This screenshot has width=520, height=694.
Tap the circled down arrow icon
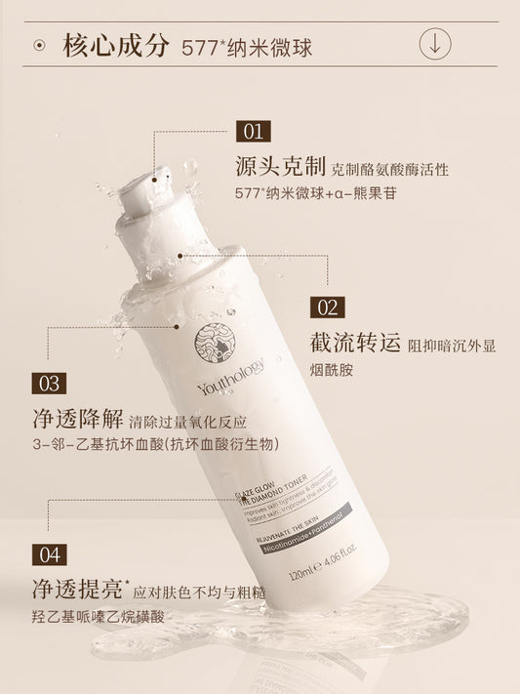pos(435,44)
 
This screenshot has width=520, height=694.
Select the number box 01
pos(254,131)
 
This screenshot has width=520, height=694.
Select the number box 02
pos(328,306)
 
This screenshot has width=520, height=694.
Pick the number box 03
pos(51,384)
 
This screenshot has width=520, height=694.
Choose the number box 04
pos(50,555)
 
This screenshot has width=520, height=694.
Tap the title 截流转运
pos(353,343)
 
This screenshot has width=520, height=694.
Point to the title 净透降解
pos(77,421)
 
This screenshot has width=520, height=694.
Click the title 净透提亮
pos(77,590)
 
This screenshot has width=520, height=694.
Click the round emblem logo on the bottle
pos(214,343)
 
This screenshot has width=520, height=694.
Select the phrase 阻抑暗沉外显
pos(454,345)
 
